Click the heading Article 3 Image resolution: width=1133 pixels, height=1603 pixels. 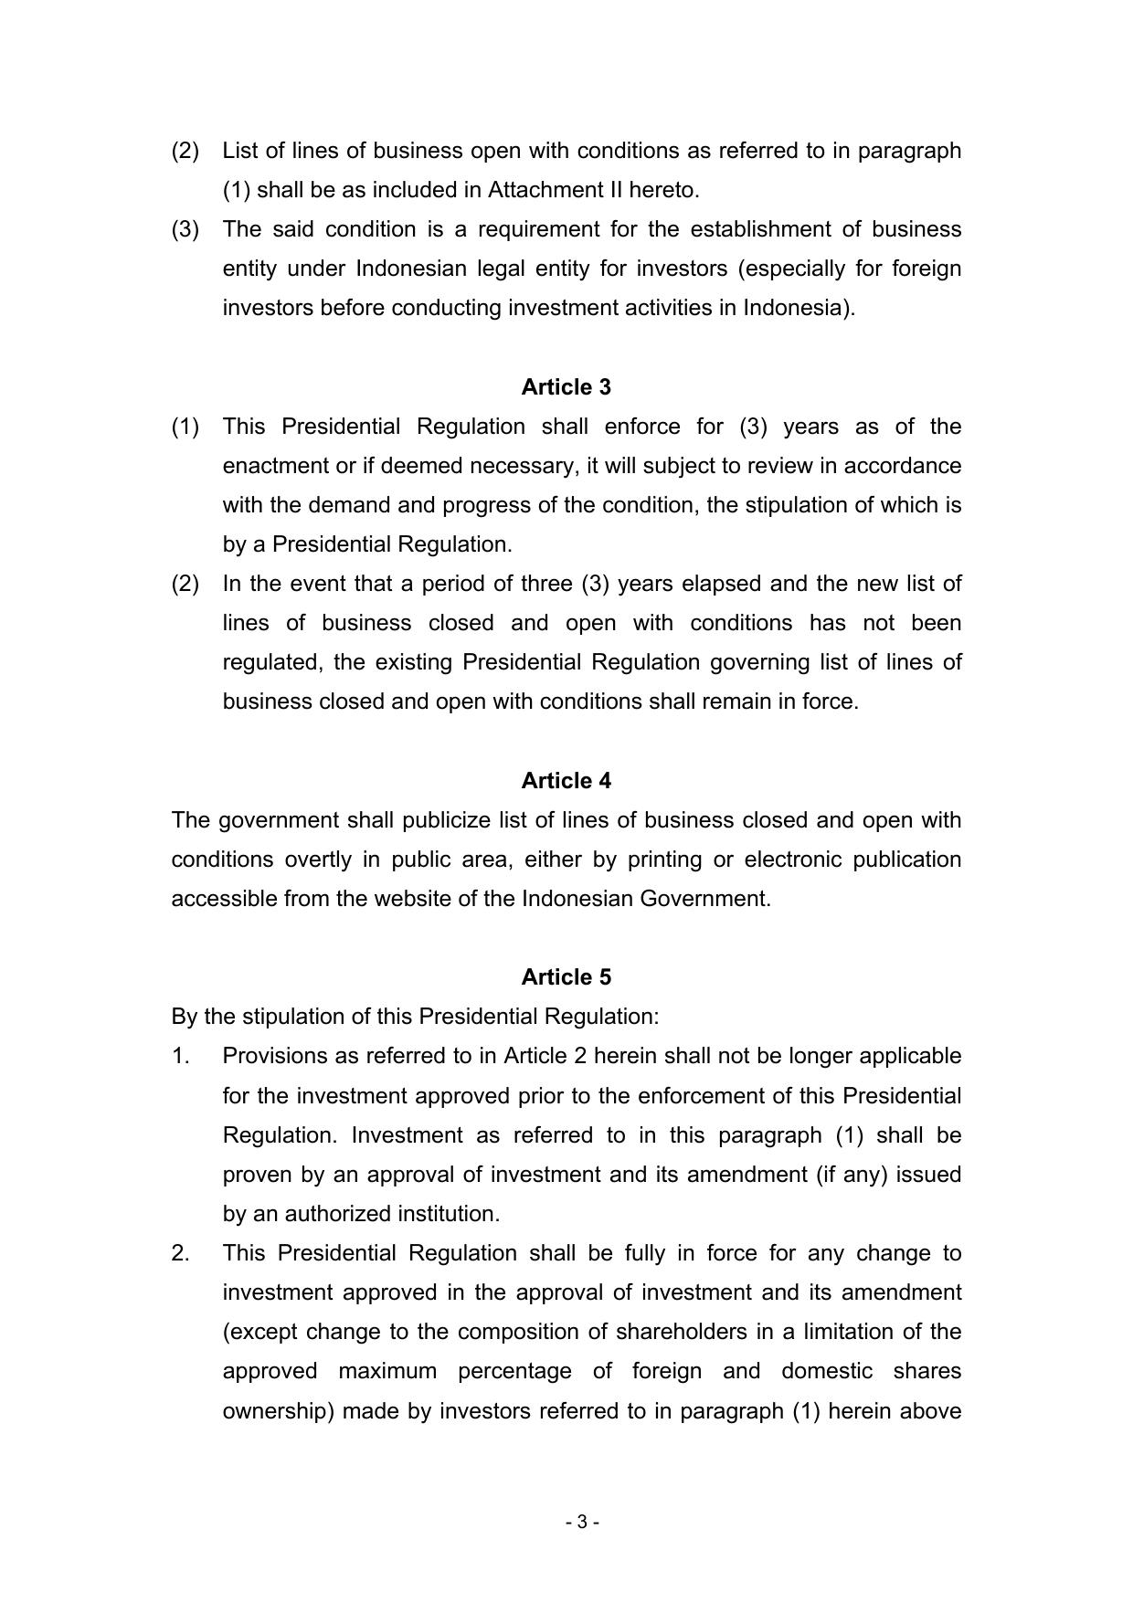click(x=566, y=387)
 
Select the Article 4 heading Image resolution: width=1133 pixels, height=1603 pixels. click(x=566, y=781)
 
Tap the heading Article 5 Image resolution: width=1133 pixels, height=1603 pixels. click(x=566, y=977)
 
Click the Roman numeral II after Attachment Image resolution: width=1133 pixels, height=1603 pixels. click(x=619, y=190)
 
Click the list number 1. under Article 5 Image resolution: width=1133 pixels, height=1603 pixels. click(x=180, y=1056)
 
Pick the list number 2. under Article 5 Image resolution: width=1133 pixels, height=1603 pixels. click(x=180, y=1253)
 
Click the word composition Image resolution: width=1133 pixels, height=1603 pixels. click(x=515, y=1332)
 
